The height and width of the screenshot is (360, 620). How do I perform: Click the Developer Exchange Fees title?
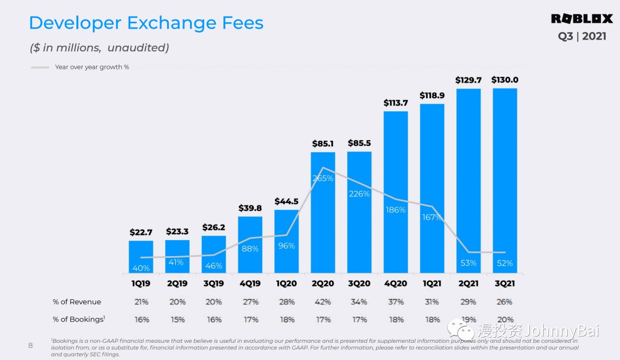146,23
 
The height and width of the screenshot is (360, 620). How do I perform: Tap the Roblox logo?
582,19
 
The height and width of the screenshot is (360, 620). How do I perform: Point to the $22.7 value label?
141,233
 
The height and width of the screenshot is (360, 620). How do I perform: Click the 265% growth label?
323,178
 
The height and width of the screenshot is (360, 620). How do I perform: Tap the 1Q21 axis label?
432,284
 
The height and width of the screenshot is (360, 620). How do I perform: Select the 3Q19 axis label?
214,284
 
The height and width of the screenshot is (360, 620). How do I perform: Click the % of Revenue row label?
77,302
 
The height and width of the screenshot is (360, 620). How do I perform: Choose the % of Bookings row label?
79,319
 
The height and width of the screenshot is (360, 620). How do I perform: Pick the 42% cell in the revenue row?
323,302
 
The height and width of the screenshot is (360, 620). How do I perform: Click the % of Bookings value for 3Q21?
505,319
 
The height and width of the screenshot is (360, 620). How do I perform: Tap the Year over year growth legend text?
92,67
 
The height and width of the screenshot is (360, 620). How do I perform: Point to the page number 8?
31,346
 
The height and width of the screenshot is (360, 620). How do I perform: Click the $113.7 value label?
396,103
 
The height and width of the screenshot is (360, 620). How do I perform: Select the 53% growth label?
468,263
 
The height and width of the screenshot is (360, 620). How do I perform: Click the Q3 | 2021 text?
582,36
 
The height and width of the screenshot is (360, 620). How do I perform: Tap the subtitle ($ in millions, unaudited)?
99,48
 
